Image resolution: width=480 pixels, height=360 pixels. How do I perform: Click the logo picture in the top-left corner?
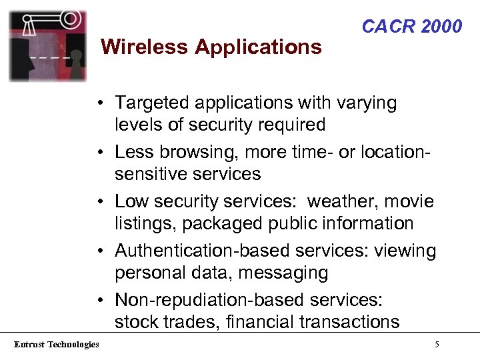[47, 45]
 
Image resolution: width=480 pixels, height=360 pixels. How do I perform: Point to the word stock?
[135, 322]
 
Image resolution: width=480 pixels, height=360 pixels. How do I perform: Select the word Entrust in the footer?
[29, 344]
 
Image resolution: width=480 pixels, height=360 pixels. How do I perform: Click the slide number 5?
[436, 345]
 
